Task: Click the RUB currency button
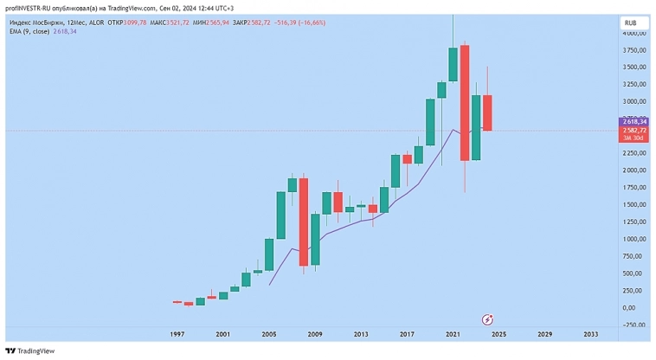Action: point(631,22)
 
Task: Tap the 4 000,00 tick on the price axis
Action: point(634,33)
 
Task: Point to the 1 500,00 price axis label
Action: point(634,204)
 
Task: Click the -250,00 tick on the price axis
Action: point(634,325)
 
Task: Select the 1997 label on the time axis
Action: point(177,334)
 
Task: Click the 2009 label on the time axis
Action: point(314,334)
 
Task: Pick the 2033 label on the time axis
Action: point(590,334)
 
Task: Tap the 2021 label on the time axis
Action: point(453,334)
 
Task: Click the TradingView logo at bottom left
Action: point(30,351)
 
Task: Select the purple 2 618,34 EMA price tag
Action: point(634,122)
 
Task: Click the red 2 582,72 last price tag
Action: point(634,131)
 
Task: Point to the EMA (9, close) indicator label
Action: point(30,31)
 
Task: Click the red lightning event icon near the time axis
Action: point(487,318)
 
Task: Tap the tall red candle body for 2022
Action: point(465,103)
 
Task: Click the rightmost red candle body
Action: point(487,112)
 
